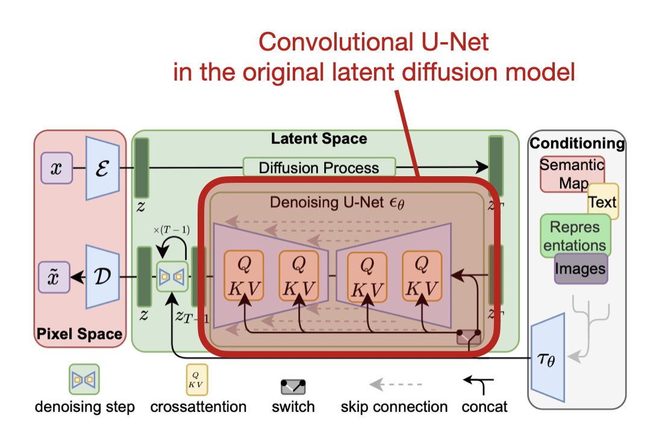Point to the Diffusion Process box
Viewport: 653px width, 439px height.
tap(319, 167)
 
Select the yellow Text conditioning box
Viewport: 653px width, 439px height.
tap(602, 202)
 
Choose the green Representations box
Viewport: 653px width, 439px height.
tap(575, 236)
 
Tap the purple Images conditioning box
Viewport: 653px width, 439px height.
tap(581, 269)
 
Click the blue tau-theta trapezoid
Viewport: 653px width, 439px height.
tap(547, 356)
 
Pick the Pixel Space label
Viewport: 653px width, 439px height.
tap(79, 334)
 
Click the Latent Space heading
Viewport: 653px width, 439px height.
tap(319, 139)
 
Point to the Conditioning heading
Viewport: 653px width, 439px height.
tap(576, 144)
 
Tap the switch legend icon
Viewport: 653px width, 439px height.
tap(293, 385)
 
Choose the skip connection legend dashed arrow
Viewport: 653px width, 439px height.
tap(395, 384)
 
